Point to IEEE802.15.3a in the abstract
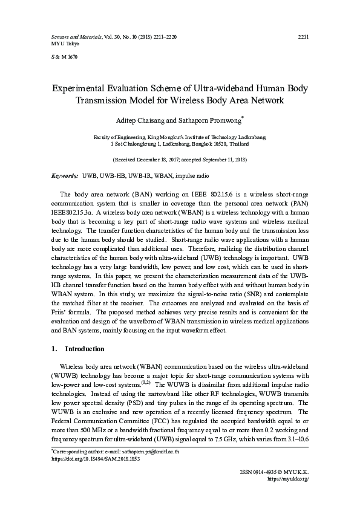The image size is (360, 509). click(71, 212)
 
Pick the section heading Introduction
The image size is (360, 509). click(85, 349)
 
